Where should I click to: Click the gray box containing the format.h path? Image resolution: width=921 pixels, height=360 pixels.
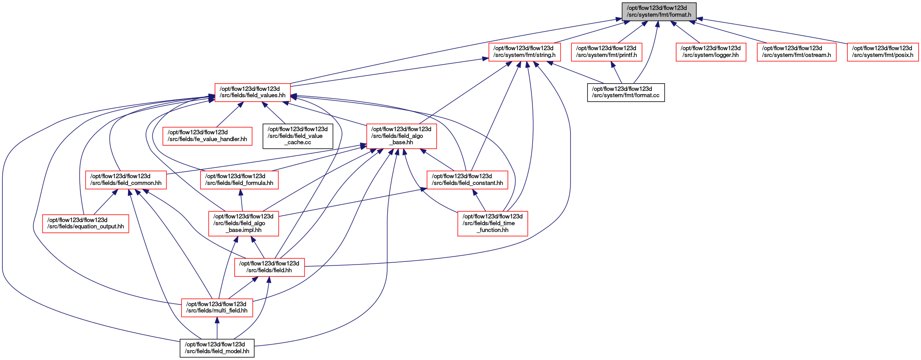tap(659, 11)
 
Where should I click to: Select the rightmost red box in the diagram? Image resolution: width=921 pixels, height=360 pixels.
tap(883, 52)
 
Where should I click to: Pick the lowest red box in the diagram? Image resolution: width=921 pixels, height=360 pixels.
tap(217, 308)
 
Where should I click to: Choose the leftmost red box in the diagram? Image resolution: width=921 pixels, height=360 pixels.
tap(85, 224)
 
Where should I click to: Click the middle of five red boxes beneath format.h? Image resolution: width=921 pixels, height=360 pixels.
tap(711, 52)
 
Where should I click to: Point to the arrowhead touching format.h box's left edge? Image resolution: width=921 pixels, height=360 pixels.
tap(619, 19)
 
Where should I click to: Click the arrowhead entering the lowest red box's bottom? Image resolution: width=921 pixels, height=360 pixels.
tap(217, 321)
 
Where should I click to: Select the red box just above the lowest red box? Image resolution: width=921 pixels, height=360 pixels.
tap(269, 267)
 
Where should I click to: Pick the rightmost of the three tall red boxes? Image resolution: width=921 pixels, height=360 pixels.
tap(493, 223)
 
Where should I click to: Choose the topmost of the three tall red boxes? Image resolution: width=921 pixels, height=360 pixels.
tap(401, 136)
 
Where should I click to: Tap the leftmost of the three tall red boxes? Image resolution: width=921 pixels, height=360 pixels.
tap(243, 223)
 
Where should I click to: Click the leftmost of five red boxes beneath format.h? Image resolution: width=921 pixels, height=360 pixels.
tap(524, 52)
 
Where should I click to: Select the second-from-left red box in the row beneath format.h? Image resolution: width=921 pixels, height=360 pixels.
tap(606, 52)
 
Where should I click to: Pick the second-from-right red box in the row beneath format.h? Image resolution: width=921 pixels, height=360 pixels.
tap(796, 52)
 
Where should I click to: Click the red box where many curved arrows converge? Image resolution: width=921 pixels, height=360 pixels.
tap(252, 93)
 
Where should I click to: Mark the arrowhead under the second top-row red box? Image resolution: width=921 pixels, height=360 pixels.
tap(613, 65)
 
